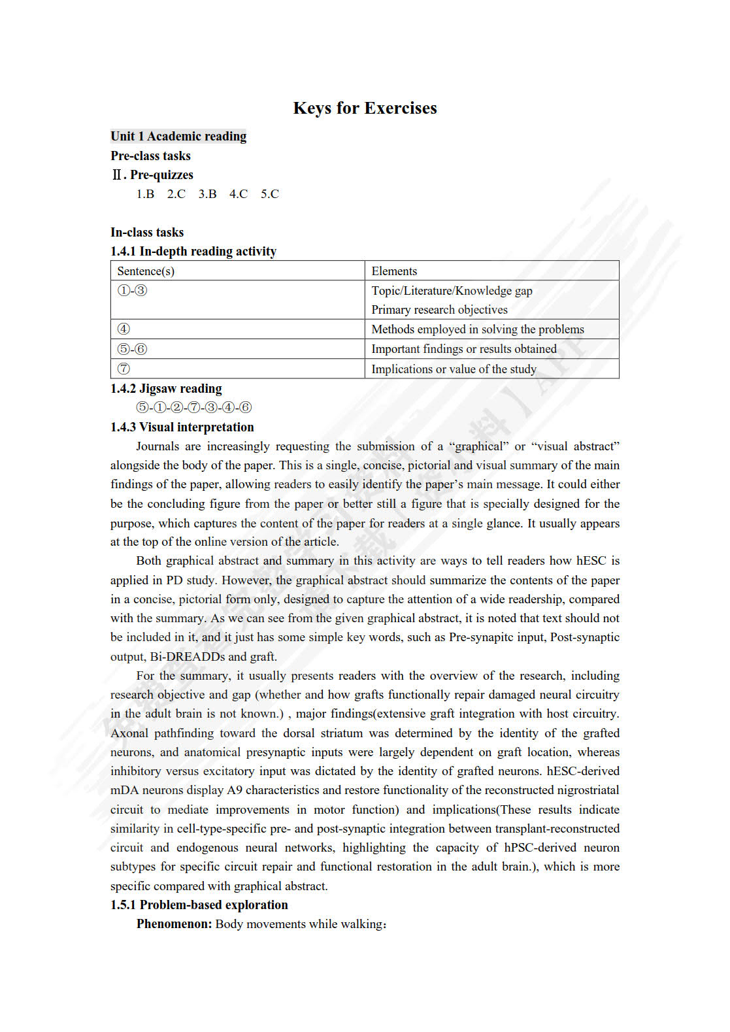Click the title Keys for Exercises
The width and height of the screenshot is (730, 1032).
[365, 108]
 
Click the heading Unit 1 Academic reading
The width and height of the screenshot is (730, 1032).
[178, 136]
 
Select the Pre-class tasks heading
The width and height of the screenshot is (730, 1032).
[150, 156]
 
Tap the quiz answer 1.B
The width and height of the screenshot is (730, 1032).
[145, 194]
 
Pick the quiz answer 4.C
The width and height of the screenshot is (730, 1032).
[239, 194]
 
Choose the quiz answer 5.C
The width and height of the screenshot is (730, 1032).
[270, 194]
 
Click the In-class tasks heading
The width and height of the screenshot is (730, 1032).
[147, 232]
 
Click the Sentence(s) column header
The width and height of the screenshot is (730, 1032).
[146, 271]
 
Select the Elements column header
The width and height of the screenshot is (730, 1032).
[394, 271]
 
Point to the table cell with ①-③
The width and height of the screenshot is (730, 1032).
[133, 291]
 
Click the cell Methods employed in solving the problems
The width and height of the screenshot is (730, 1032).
[478, 329]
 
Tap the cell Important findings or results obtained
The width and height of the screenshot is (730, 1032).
[464, 349]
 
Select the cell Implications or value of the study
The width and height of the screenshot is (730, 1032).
[454, 369]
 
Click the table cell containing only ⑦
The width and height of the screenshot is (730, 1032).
[124, 369]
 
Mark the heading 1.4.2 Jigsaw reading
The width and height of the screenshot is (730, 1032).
[166, 388]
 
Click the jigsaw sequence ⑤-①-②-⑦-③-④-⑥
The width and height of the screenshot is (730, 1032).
[193, 408]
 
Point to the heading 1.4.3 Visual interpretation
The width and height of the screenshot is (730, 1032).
[182, 427]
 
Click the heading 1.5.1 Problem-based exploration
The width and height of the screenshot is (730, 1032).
[199, 905]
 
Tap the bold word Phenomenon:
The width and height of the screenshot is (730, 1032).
[174, 924]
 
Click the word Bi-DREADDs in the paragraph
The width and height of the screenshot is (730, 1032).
[188, 657]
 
